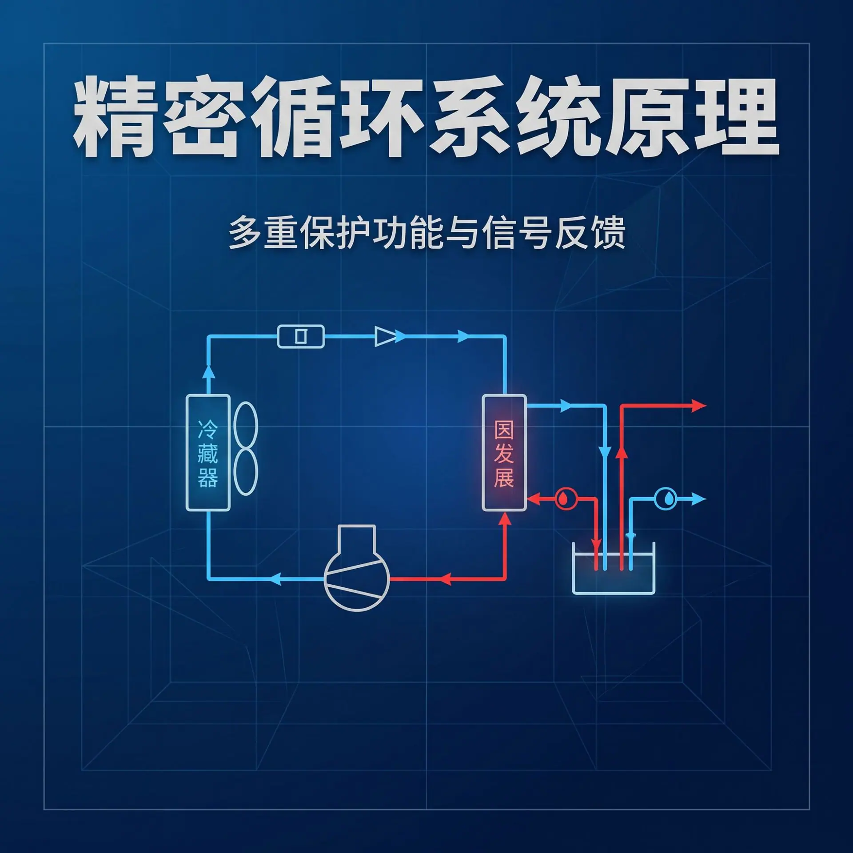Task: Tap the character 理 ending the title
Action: (736, 116)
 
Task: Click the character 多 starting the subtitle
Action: (245, 232)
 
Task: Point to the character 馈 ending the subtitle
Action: (609, 232)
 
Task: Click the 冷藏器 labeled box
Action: (208, 453)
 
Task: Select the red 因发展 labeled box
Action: (504, 453)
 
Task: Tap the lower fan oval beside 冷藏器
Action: (245, 472)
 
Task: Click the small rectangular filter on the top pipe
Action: (301, 336)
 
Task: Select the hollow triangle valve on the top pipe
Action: (386, 336)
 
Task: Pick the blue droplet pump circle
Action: (666, 499)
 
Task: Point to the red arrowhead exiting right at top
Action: (699, 406)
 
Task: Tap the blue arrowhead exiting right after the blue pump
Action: (699, 499)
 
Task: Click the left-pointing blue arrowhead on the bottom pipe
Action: (275, 578)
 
